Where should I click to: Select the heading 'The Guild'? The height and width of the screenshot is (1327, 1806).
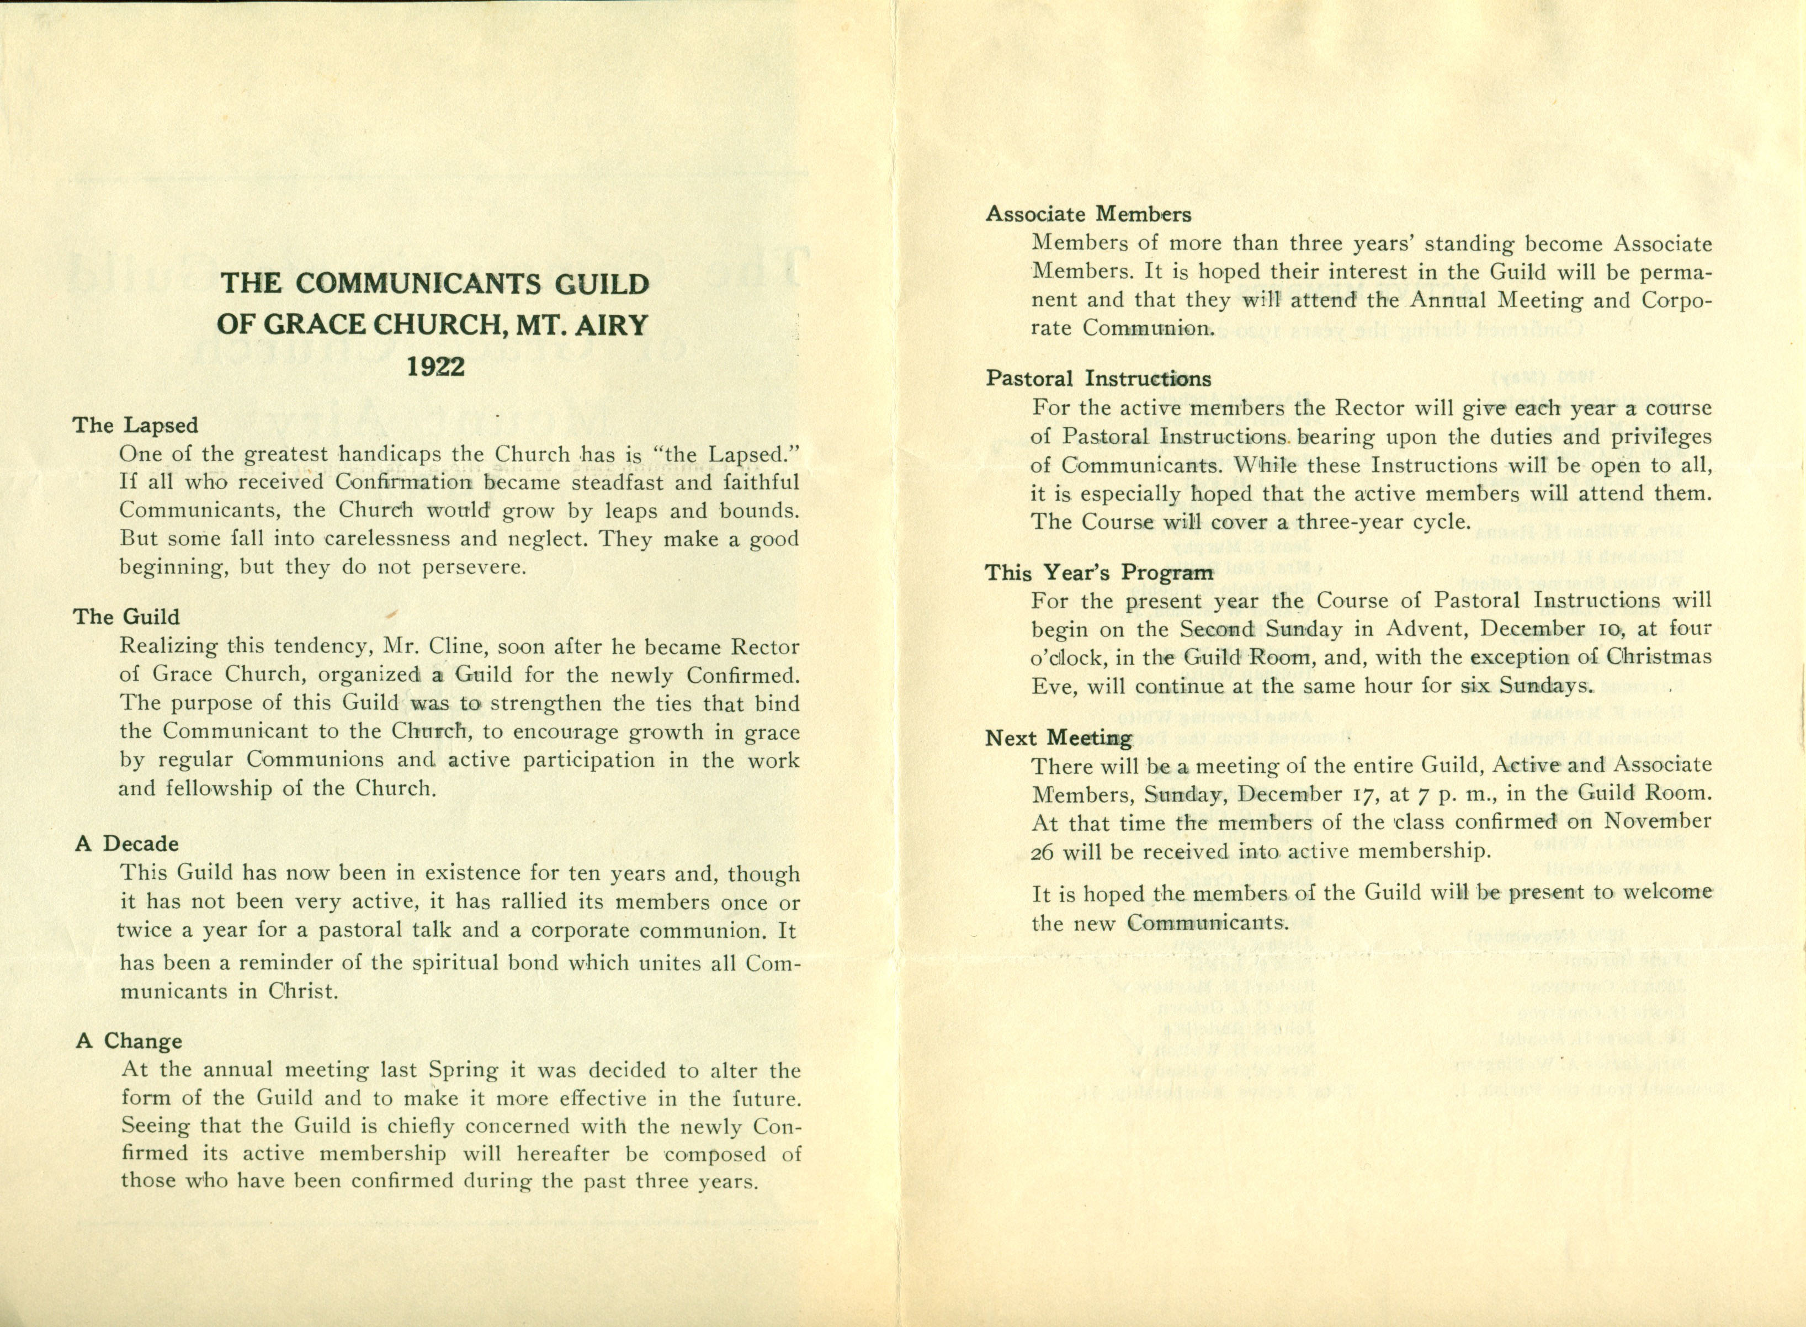click(x=126, y=617)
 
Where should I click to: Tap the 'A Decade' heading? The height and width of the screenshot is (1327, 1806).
click(x=127, y=843)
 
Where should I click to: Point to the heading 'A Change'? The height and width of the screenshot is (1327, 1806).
click(x=129, y=1041)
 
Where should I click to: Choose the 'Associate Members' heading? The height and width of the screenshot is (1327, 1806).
click(x=1088, y=215)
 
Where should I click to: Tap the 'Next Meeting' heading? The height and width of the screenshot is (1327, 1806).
click(x=1059, y=737)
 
